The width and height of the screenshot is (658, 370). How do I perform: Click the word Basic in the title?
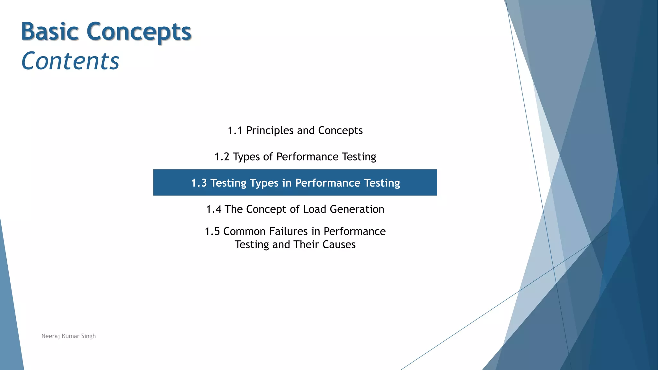(50, 31)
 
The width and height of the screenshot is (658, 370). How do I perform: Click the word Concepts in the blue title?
(139, 32)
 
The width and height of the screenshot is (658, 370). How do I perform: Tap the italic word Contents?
(70, 61)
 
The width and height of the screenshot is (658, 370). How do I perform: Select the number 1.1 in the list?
(235, 131)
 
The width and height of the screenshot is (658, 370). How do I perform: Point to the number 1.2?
(222, 157)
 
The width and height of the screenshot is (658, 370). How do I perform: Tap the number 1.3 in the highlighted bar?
(199, 183)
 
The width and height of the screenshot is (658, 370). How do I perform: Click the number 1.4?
(214, 209)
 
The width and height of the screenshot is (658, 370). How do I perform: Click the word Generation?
(357, 209)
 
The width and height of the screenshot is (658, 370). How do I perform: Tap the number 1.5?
(212, 232)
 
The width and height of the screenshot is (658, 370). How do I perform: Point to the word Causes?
(339, 245)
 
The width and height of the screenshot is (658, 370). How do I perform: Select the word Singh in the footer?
(88, 336)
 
